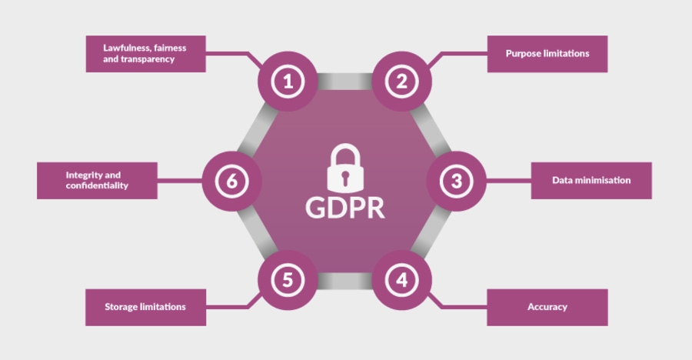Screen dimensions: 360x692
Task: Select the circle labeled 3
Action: click(457, 182)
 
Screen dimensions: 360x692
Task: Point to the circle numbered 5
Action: click(288, 281)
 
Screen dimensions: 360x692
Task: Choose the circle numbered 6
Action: click(231, 182)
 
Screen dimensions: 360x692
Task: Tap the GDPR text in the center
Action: click(345, 207)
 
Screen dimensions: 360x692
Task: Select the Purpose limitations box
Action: click(547, 54)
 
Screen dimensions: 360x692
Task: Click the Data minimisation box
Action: click(591, 181)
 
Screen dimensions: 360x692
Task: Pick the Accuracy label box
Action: click(547, 307)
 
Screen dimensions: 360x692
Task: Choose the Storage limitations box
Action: click(145, 307)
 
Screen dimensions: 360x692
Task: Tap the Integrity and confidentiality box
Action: click(98, 181)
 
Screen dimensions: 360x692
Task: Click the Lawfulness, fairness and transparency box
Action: click(145, 54)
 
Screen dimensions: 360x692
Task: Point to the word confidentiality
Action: click(97, 186)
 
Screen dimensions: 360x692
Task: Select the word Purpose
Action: click(523, 54)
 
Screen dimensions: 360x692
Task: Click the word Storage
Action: click(121, 307)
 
